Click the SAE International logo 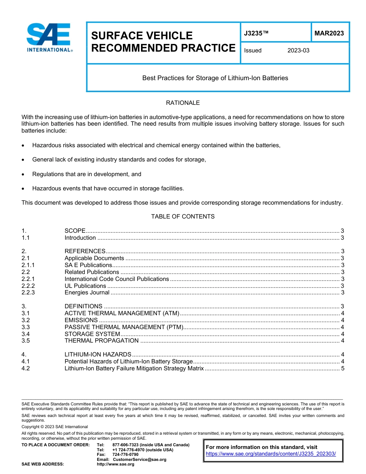tap(49, 37)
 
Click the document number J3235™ tap(256, 34)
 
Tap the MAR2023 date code tap(329, 34)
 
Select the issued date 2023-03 tap(298, 50)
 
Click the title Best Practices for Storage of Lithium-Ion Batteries tap(215, 78)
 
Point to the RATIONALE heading tap(183, 103)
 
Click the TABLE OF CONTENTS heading tap(183, 217)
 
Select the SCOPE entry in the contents tap(75, 231)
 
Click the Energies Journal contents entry tap(87, 293)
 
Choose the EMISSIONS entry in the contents tap(81, 320)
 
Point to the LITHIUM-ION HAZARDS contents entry tap(98, 355)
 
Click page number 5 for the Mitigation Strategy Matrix tap(342, 368)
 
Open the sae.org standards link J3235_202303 tap(271, 454)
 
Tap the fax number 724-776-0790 tap(125, 455)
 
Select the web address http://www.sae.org tap(115, 464)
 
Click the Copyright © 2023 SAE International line tap(55, 427)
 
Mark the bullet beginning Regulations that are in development tap(87, 174)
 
